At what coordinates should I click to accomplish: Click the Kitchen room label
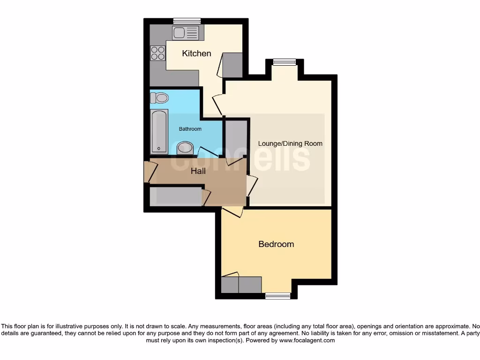[x=196, y=53]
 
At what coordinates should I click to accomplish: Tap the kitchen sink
[x=186, y=32]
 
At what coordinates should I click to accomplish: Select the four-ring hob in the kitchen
[x=158, y=52]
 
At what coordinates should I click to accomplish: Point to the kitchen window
[x=187, y=21]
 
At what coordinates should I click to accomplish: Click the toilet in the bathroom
[x=159, y=98]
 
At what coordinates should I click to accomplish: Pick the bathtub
[x=159, y=132]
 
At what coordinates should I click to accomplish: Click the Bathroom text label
[x=190, y=129]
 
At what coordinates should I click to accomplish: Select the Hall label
[x=198, y=172]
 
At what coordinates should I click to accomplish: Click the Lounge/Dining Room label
[x=291, y=143]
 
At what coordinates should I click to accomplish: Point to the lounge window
[x=285, y=61]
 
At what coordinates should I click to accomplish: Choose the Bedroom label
[x=276, y=244]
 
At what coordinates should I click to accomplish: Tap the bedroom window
[x=277, y=296]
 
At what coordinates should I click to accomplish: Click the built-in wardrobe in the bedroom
[x=241, y=285]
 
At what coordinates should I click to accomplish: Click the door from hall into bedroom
[x=232, y=211]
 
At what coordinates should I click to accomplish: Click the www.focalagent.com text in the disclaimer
[x=307, y=341]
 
